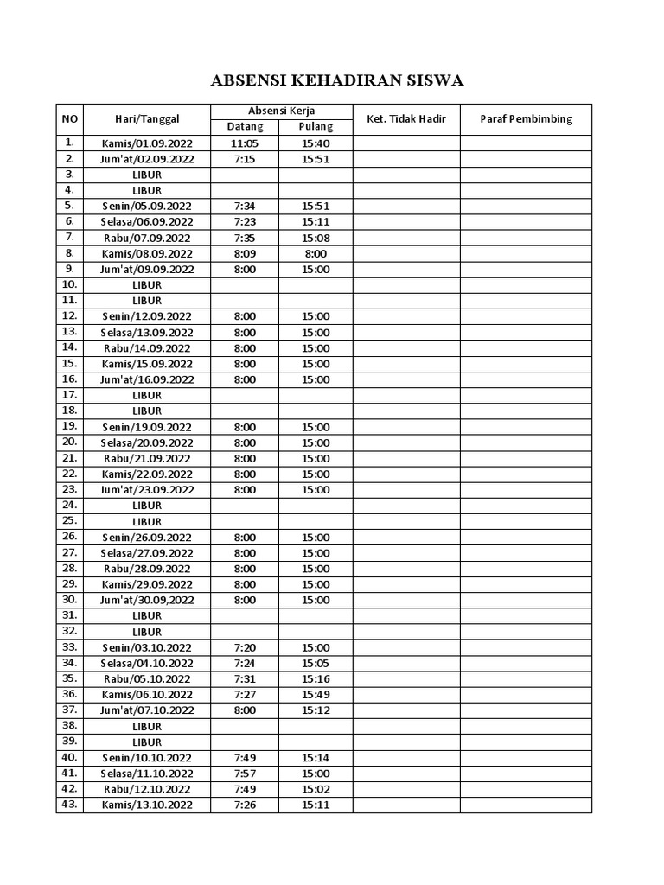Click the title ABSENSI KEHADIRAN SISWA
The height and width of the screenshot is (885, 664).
(338, 81)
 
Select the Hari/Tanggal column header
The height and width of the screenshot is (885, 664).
(147, 119)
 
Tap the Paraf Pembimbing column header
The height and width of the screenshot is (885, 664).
(526, 119)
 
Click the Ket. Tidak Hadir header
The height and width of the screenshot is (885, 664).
(405, 119)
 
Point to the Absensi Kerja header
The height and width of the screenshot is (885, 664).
(281, 111)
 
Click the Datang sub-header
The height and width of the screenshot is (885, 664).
(245, 127)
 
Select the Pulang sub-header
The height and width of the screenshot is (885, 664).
(316, 127)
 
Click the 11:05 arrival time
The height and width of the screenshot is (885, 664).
(245, 143)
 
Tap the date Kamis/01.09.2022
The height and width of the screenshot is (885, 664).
(147, 143)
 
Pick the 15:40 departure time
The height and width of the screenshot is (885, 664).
(316, 143)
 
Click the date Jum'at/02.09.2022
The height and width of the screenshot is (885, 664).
(147, 159)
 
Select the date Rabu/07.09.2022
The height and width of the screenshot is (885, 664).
(147, 238)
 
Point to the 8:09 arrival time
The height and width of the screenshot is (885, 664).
(245, 253)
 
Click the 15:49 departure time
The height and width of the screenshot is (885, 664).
(316, 694)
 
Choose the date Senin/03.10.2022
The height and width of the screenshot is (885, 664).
(147, 647)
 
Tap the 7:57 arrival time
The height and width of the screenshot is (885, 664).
(245, 773)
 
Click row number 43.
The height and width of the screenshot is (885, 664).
(70, 805)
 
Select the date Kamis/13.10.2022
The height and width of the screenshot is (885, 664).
(147, 805)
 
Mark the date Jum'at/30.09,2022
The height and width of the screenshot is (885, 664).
(147, 600)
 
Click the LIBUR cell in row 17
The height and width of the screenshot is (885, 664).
(147, 395)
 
